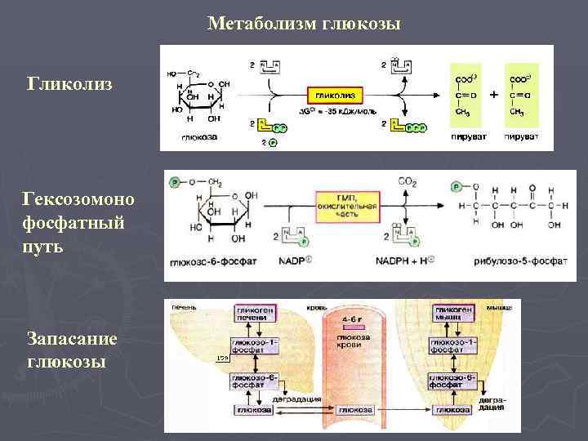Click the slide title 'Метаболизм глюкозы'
(x=304, y=24)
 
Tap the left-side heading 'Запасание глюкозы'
(x=72, y=349)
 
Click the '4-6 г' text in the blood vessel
(x=354, y=319)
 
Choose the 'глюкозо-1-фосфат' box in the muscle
(x=451, y=345)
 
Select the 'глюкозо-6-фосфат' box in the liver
(x=256, y=381)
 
